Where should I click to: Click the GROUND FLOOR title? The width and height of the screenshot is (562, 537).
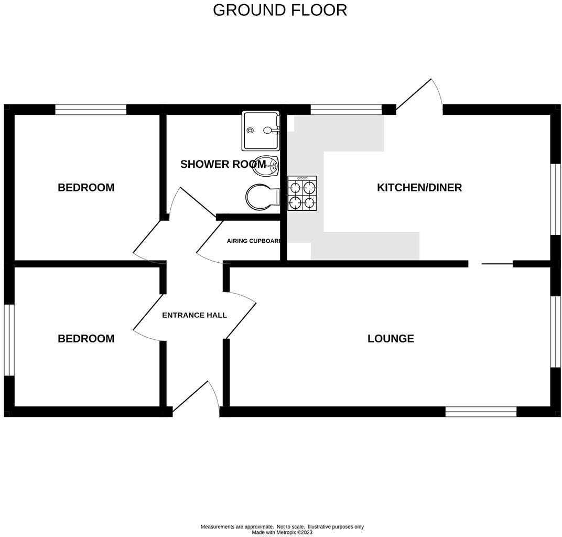pyautogui.click(x=280, y=10)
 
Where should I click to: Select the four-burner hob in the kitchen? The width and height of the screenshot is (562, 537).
pyautogui.click(x=302, y=193)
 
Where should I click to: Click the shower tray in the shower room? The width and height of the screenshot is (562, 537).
pyautogui.click(x=260, y=130)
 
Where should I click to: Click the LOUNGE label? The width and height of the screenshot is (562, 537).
pyautogui.click(x=391, y=339)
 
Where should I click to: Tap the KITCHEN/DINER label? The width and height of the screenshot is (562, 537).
pyautogui.click(x=419, y=188)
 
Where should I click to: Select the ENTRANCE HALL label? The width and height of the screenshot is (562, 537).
pyautogui.click(x=194, y=315)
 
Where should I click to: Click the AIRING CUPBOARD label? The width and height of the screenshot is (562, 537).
pyautogui.click(x=254, y=241)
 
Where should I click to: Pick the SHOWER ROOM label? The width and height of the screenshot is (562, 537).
pyautogui.click(x=223, y=164)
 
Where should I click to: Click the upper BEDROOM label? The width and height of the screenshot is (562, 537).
pyautogui.click(x=86, y=188)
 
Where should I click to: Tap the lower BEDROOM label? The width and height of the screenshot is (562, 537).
pyautogui.click(x=86, y=339)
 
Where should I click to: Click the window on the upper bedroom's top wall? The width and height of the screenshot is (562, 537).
pyautogui.click(x=91, y=110)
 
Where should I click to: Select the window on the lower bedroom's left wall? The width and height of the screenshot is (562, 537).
pyautogui.click(x=9, y=340)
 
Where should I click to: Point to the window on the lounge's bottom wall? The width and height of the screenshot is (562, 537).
pyautogui.click(x=481, y=412)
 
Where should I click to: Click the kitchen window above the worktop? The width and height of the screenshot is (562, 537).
pyautogui.click(x=346, y=110)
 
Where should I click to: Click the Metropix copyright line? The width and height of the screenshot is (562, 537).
pyautogui.click(x=282, y=532)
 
